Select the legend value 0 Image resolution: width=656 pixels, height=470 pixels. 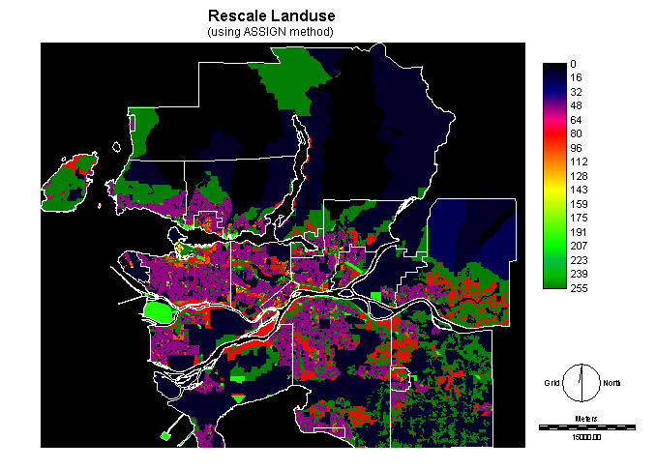point(575,64)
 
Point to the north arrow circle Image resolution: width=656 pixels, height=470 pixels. point(581,382)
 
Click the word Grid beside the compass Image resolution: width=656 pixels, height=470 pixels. point(552,383)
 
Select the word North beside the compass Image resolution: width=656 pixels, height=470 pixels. point(611,383)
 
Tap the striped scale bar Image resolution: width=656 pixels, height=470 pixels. point(586,426)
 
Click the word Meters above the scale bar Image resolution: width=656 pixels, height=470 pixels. point(586,418)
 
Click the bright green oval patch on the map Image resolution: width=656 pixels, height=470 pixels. point(157,311)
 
